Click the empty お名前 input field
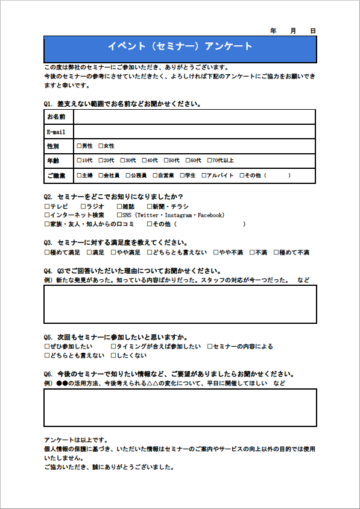[x=194, y=116]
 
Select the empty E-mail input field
[x=194, y=131]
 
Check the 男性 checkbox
[x=80, y=146]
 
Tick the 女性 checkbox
[x=101, y=146]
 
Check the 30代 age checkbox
[x=123, y=160]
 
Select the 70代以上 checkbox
[x=210, y=160]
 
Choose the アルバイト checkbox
[x=203, y=175]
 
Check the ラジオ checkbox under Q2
[x=83, y=206]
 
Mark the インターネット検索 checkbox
[x=47, y=215]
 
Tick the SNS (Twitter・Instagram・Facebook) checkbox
[x=119, y=215]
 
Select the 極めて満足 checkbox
[x=47, y=253]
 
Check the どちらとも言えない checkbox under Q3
[x=150, y=253]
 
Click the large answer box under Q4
[x=180, y=304]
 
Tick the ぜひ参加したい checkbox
[x=47, y=347]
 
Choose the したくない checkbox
[x=113, y=356]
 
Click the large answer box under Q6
[x=180, y=408]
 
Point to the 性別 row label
[x=53, y=146]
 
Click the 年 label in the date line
[x=273, y=30]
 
